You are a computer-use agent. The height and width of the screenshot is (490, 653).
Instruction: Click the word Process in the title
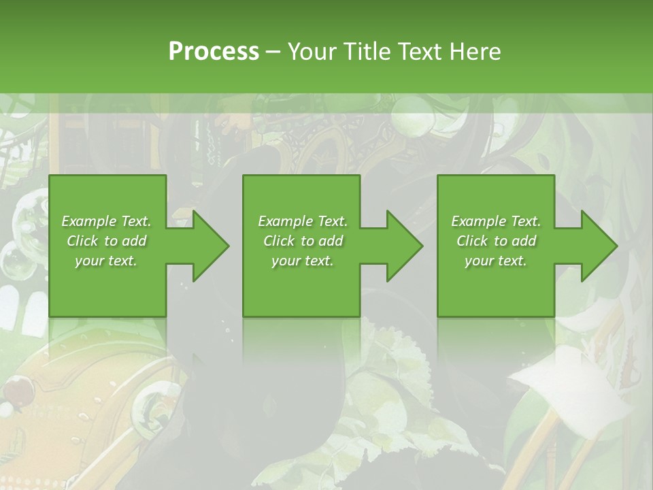(x=214, y=51)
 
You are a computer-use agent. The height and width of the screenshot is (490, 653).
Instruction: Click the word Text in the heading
(x=420, y=51)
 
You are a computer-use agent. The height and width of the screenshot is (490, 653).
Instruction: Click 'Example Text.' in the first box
(x=106, y=221)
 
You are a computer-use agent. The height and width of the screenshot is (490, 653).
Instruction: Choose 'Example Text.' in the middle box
(x=303, y=221)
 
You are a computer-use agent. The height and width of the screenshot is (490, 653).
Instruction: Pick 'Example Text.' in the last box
(x=496, y=221)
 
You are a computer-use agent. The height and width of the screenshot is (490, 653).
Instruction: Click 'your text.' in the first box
(x=106, y=261)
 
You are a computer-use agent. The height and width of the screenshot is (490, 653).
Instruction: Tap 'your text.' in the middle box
(x=303, y=261)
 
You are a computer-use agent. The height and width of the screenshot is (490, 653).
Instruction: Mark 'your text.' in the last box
(x=496, y=261)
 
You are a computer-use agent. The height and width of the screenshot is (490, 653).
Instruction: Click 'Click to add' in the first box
(x=106, y=241)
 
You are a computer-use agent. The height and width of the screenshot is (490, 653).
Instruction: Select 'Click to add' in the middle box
(x=303, y=241)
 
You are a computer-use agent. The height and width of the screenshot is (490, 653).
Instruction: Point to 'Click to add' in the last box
(x=496, y=241)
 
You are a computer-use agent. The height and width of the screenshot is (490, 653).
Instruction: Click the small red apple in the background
(x=13, y=391)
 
